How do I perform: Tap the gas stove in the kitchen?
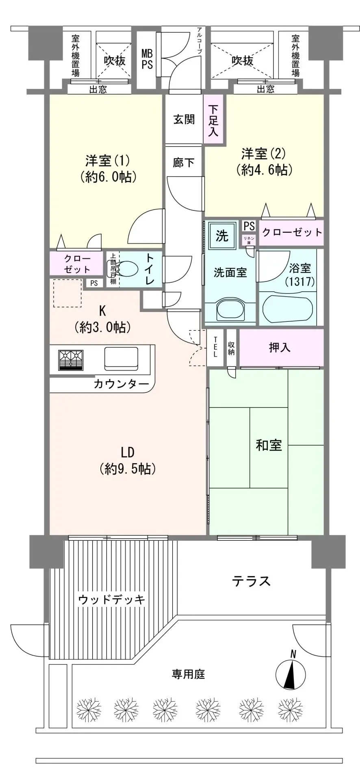(71, 360)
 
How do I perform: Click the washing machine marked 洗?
(222, 236)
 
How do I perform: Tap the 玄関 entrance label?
(184, 119)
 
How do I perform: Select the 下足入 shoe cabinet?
(214, 120)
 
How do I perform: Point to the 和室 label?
(269, 445)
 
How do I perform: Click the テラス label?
(251, 581)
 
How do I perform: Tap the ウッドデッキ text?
(111, 599)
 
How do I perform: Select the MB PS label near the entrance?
(147, 59)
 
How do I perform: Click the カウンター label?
(121, 384)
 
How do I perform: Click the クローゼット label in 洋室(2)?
(292, 232)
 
